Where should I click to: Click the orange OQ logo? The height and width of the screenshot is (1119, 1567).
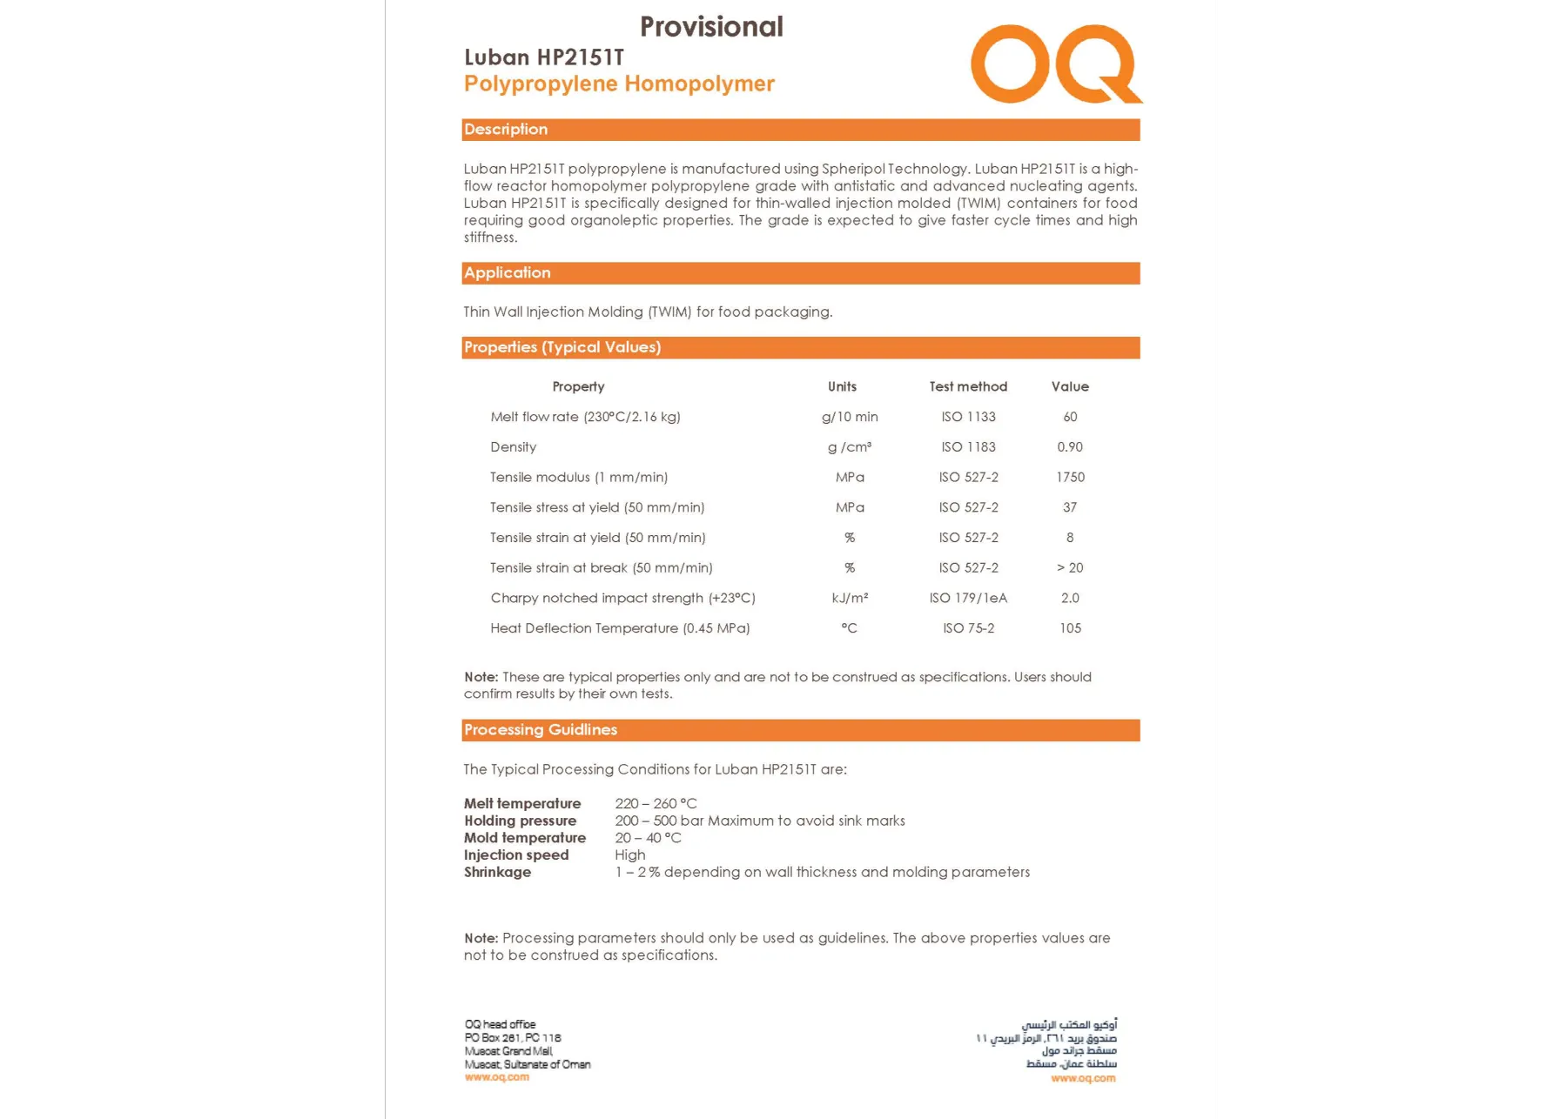[1055, 64]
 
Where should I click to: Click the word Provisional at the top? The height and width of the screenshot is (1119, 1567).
[711, 27]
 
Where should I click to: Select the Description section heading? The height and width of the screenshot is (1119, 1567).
[506, 130]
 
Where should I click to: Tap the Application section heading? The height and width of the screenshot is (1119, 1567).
[508, 273]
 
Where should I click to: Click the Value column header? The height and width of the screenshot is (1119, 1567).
[1070, 386]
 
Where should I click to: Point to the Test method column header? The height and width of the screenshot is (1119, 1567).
[968, 386]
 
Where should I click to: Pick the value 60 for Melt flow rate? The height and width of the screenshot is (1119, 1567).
[1070, 417]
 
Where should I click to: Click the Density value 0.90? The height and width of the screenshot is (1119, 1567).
[1070, 447]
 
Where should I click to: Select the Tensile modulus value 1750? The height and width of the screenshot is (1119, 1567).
[1070, 478]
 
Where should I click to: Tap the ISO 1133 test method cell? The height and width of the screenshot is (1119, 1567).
[968, 417]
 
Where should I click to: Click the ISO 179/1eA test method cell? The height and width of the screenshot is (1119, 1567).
[968, 598]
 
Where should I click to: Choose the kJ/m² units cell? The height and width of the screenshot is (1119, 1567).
[850, 598]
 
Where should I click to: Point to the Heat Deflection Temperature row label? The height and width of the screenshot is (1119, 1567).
[620, 628]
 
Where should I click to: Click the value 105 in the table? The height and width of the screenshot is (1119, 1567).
[1070, 628]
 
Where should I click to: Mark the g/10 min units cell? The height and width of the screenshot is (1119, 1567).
[850, 417]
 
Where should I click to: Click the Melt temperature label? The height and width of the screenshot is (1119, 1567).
[522, 804]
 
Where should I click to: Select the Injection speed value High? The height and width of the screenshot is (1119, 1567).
[630, 855]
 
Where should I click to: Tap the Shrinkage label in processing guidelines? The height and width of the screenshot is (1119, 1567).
[497, 873]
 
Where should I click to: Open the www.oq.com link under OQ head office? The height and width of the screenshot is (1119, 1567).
[497, 1077]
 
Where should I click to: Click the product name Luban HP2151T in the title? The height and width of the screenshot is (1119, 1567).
[544, 57]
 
